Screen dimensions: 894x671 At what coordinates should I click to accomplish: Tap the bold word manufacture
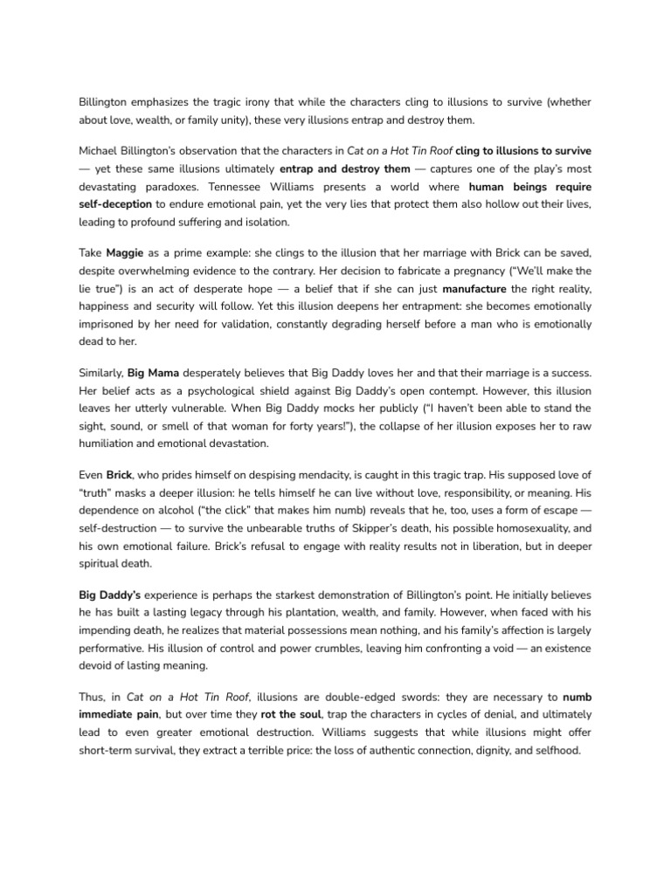474,287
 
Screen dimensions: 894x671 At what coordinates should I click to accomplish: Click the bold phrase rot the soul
291,714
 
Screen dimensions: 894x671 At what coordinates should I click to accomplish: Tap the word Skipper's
375,527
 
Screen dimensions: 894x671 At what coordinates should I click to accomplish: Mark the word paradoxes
122,186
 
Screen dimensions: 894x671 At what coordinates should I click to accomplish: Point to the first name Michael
101,151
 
